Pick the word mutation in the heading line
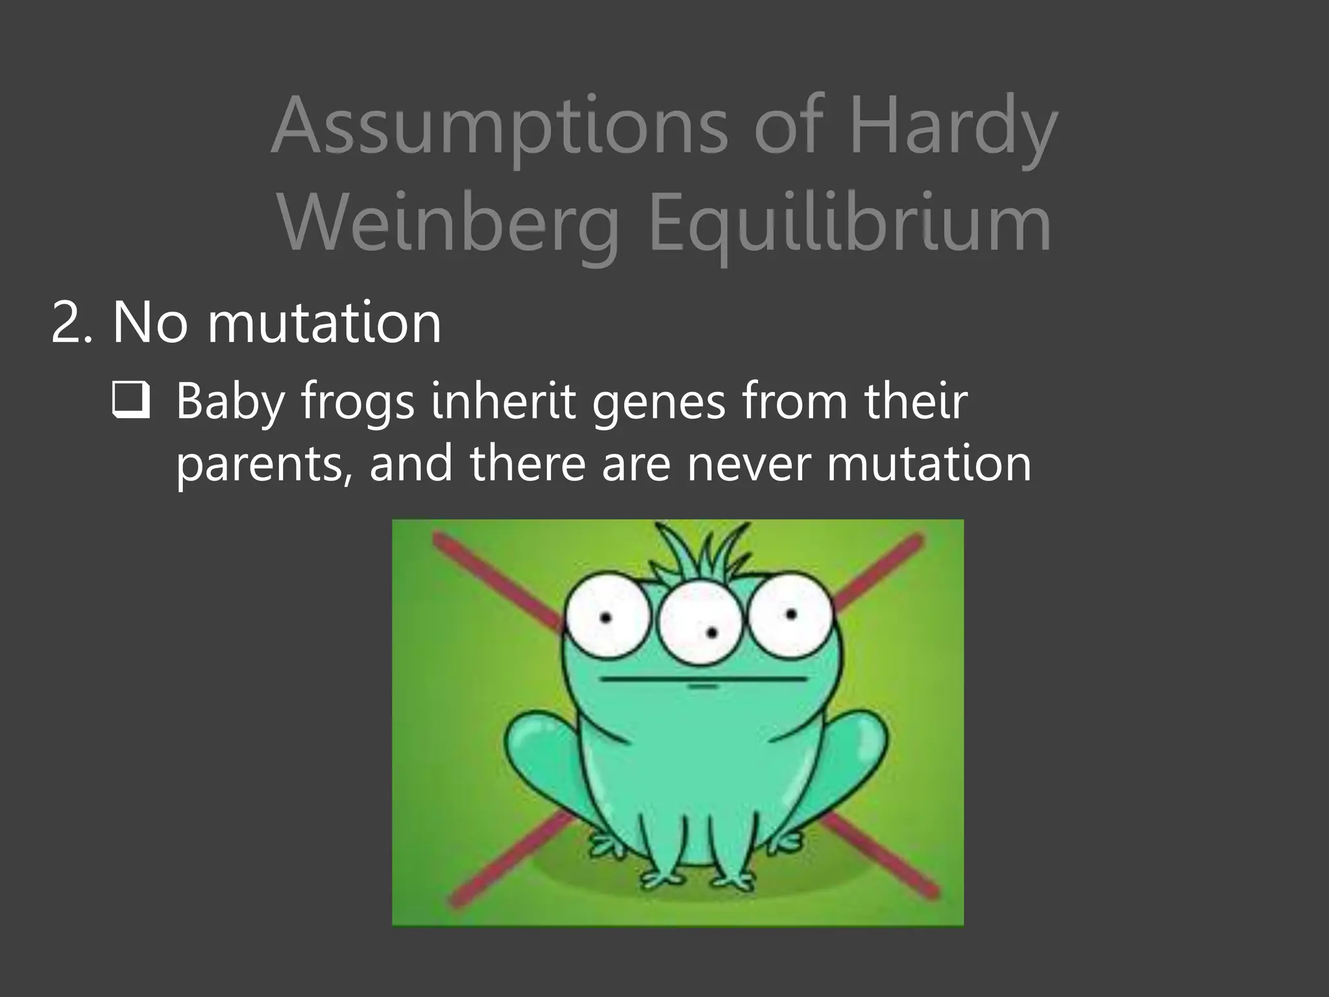[324, 323]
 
